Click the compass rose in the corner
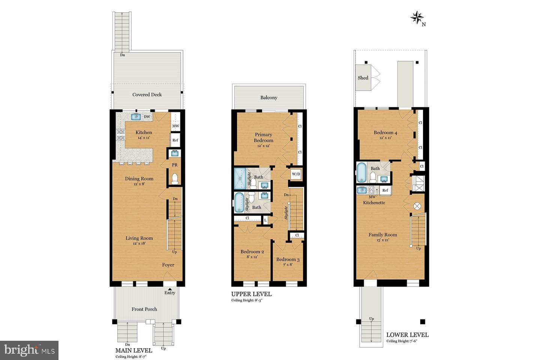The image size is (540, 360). click(x=417, y=18)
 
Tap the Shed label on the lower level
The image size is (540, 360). click(x=363, y=78)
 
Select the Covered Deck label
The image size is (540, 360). click(x=147, y=94)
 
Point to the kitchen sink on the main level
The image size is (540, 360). click(x=136, y=117)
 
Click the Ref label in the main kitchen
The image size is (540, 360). click(x=175, y=140)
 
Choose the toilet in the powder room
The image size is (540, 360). click(x=174, y=178)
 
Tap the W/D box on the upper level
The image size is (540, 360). click(x=296, y=174)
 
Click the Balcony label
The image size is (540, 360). click(x=269, y=97)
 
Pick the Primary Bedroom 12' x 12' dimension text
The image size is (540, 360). click(x=263, y=146)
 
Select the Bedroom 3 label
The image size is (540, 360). click(x=288, y=259)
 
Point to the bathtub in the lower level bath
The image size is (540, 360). click(x=361, y=172)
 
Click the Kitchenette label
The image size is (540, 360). click(x=374, y=202)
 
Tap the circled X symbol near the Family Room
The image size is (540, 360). click(x=417, y=206)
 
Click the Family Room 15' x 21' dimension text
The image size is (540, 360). click(x=382, y=240)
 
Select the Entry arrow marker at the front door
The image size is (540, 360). click(x=170, y=289)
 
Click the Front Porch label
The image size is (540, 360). click(x=144, y=309)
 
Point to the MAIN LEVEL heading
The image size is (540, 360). click(x=133, y=351)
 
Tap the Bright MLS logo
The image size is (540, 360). click(x=29, y=350)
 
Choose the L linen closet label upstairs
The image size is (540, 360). click(x=265, y=220)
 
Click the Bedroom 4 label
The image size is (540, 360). click(x=385, y=132)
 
